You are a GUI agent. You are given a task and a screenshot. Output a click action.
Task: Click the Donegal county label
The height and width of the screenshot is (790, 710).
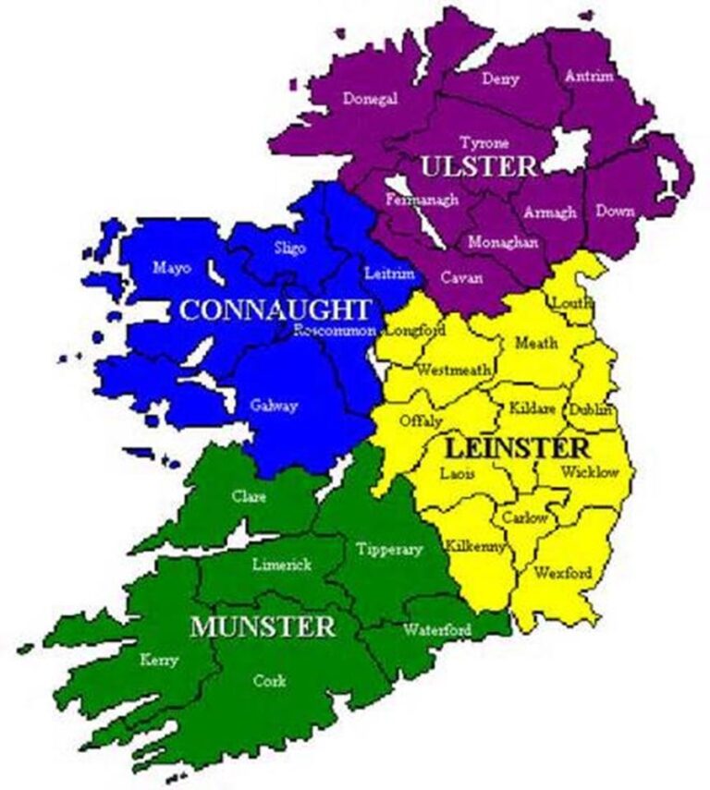[370, 99]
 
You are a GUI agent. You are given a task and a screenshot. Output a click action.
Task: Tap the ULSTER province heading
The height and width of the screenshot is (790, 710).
[477, 166]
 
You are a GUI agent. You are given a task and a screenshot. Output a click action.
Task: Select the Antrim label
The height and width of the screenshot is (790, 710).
[588, 76]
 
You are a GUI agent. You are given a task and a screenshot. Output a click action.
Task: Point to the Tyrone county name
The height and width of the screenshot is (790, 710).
[484, 143]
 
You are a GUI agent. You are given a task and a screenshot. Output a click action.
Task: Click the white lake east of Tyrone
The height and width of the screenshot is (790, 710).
[568, 149]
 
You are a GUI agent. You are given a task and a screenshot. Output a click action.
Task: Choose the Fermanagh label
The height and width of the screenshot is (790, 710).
[422, 200]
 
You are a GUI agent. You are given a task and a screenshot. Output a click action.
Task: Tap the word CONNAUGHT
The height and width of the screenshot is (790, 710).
[275, 310]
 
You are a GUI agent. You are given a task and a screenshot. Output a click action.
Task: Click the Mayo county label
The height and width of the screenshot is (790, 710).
[172, 268]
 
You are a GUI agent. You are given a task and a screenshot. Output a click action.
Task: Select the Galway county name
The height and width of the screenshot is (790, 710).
[273, 405]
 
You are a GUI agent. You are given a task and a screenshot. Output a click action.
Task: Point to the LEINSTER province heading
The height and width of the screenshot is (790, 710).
[517, 448]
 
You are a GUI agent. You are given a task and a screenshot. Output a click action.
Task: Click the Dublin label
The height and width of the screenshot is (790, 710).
[591, 409]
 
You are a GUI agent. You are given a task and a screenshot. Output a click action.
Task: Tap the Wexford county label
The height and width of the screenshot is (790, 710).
[562, 573]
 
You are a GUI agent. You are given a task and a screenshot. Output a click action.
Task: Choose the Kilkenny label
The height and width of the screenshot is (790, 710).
[475, 546]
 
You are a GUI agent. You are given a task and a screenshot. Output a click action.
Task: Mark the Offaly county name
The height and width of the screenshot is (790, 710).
[416, 420]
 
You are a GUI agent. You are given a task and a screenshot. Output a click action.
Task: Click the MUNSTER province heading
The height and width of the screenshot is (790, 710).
[263, 626]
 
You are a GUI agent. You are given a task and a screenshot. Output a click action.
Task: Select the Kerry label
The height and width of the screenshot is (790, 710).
[158, 660]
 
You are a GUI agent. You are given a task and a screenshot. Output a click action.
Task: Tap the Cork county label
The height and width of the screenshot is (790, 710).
[269, 681]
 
